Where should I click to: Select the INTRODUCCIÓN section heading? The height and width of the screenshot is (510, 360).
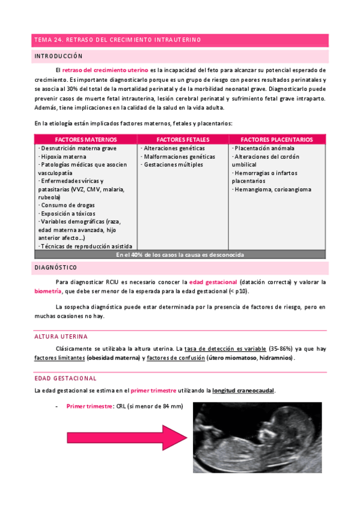point(58,56)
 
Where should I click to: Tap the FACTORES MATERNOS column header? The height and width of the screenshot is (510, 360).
point(84,140)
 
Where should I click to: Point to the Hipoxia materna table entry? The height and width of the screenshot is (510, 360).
point(63,156)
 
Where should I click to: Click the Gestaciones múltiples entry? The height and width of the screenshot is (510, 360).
point(173,164)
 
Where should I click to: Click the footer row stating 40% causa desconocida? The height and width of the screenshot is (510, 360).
point(180,254)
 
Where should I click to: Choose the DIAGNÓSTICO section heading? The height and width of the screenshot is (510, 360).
point(55,267)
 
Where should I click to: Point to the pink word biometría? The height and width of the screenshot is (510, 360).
point(48,291)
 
